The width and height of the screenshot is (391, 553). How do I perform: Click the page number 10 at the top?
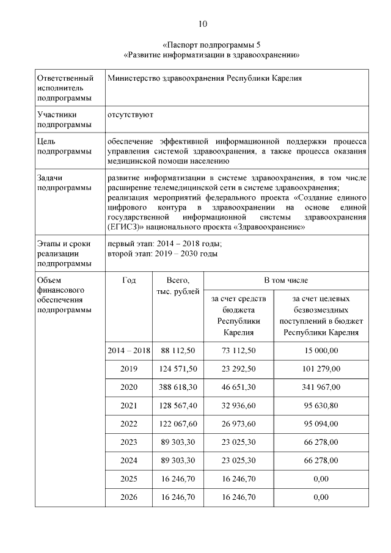[203, 24]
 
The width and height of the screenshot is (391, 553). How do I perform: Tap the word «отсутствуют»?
[130, 114]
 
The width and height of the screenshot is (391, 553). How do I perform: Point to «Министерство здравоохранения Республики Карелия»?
[204, 78]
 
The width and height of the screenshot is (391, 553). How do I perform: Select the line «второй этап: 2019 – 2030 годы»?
[162, 254]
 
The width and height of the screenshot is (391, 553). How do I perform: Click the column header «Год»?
[129, 280]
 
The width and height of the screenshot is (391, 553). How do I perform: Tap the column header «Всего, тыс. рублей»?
[178, 285]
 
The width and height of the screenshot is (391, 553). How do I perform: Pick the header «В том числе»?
[286, 280]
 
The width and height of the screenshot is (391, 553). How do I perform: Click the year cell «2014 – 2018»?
[129, 350]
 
